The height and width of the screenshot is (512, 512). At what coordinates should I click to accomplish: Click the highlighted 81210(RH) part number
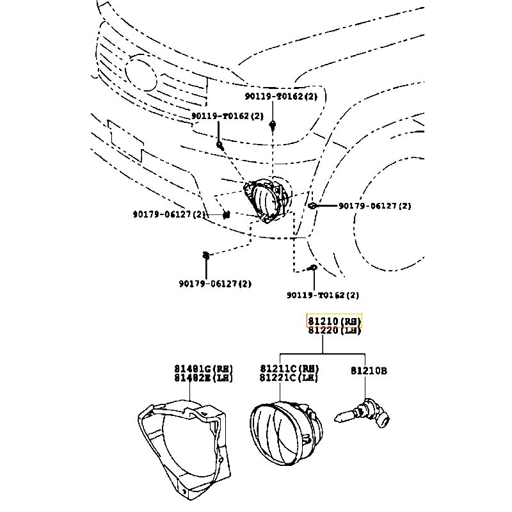[x=334, y=321]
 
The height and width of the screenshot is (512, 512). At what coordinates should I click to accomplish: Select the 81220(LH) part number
[x=334, y=330]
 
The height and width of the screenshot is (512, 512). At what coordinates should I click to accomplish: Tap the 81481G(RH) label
[x=203, y=369]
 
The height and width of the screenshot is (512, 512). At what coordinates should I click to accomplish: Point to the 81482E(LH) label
[x=203, y=378]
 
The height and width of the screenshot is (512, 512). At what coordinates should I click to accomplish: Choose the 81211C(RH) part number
[x=289, y=369]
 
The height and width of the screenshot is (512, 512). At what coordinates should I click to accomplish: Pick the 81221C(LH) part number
[x=289, y=378]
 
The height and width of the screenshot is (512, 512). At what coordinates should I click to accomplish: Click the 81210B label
[x=369, y=371]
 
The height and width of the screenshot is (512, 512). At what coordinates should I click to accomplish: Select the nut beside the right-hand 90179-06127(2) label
[x=312, y=206]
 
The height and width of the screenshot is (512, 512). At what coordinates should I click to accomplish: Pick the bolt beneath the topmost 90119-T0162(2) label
[x=273, y=124]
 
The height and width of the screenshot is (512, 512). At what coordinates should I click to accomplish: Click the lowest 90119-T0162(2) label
[x=323, y=295]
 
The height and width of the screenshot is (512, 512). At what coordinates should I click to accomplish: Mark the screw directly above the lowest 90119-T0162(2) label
[x=313, y=269]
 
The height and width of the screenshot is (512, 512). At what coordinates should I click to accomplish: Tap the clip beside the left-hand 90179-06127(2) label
[x=226, y=214]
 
